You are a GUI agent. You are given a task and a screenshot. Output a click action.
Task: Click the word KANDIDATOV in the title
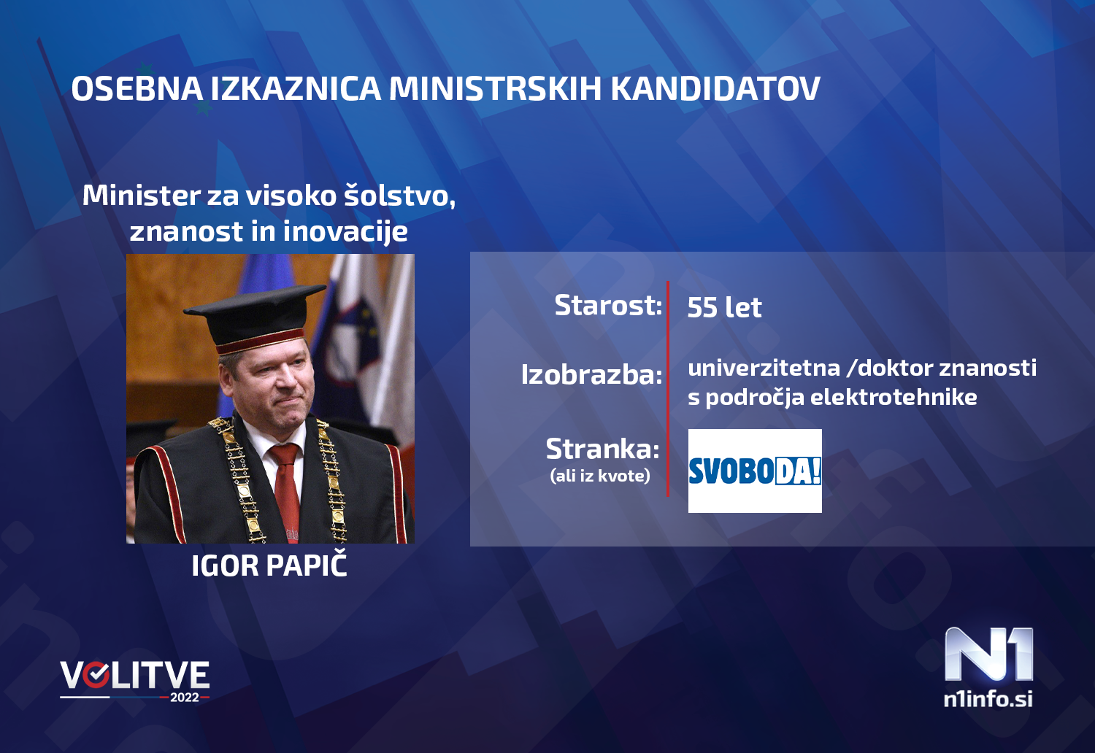coord(715,89)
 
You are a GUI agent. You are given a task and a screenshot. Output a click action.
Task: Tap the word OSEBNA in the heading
coord(137,89)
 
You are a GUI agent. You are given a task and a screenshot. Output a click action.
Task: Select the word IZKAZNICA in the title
coord(296,89)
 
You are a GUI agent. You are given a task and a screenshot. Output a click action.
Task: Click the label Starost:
coord(608,305)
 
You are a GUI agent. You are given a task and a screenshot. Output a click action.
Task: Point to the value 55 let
coord(724,307)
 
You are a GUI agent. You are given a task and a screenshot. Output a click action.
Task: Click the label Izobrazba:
coord(591,374)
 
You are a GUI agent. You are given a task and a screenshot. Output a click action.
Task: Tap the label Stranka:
coord(602,449)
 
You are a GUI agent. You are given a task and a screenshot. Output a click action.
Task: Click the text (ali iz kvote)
coord(599,476)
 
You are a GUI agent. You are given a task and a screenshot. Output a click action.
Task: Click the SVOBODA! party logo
coord(755,471)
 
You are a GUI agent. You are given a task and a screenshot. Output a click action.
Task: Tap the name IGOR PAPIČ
coord(269,566)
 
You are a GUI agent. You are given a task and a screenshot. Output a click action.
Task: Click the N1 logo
coord(988,654)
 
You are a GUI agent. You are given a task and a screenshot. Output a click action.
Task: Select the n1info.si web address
coord(988,699)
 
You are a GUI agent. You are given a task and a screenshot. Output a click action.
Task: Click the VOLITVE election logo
coord(135,676)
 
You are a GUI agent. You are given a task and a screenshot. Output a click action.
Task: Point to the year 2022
coord(185,698)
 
